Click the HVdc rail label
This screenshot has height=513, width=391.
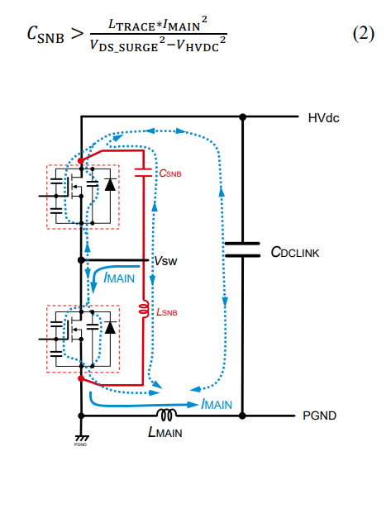tap(323, 118)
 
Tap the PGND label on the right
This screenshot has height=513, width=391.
tap(319, 416)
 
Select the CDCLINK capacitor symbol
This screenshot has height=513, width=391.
tap(242, 249)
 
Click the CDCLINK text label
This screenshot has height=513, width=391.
tap(295, 252)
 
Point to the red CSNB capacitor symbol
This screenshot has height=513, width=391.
tap(143, 173)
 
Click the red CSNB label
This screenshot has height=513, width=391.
tap(170, 173)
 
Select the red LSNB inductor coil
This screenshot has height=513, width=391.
tap(144, 308)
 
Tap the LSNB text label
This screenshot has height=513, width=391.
tap(167, 312)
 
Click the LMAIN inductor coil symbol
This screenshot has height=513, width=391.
tap(166, 414)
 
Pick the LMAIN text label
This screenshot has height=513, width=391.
tap(165, 432)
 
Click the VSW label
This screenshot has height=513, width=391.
tap(165, 261)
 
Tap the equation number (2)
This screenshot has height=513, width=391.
tap(364, 33)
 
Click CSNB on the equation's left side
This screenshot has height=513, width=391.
tap(45, 35)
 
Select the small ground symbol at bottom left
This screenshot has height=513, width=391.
tap(81, 439)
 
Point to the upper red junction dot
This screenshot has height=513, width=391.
tap(81, 160)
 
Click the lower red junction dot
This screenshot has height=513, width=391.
tap(81, 378)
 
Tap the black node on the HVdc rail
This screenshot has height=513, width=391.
tap(242, 116)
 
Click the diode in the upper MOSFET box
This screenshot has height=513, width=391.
tap(110, 184)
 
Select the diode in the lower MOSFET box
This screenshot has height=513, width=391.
tap(110, 327)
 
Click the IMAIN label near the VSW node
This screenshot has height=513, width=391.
tap(119, 278)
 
